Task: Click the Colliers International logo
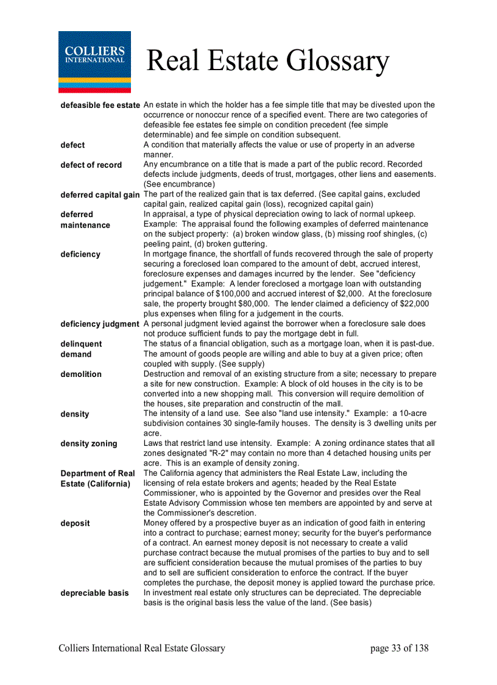coord(94,62)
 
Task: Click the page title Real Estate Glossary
coord(267,61)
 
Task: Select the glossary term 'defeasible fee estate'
coord(100,106)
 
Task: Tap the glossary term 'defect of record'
coord(91,165)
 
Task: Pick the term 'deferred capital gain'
coord(100,195)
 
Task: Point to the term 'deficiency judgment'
coord(100,324)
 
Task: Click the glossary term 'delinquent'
coord(81,343)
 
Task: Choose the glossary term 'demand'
coord(76,354)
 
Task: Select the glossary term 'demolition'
coord(81,374)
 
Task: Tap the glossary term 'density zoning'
coord(88,443)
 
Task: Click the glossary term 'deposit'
coord(75,523)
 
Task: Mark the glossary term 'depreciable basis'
coord(94,593)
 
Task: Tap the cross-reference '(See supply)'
coord(242,364)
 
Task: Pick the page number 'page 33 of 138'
coord(399,648)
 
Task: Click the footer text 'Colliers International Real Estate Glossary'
coord(142,648)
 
